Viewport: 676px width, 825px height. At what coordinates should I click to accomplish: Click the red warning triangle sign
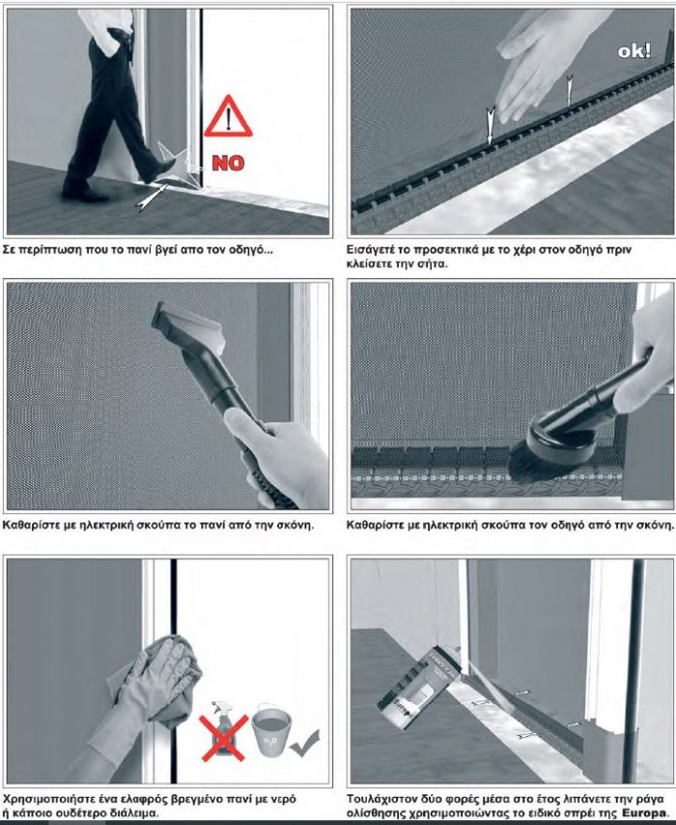pos(228,117)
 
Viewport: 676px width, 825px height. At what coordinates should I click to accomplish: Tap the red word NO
pos(228,163)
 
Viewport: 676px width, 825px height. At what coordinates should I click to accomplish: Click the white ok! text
pos(634,51)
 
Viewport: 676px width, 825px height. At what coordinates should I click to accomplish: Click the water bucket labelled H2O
pos(271,729)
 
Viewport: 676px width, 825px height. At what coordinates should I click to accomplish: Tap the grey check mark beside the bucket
pos(304,743)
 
